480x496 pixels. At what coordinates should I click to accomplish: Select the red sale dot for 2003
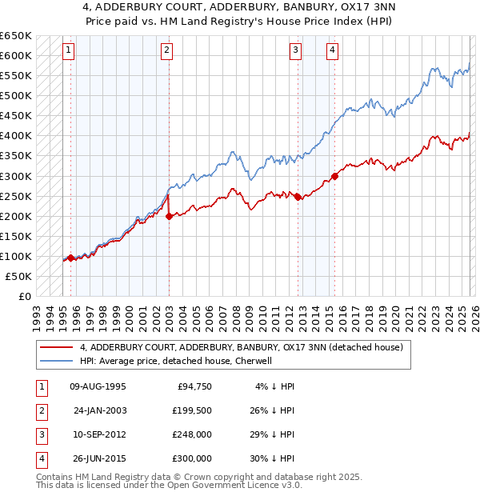(x=170, y=216)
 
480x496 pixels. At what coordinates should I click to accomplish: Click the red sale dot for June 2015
(x=334, y=176)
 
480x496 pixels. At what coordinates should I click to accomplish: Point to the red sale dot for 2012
(x=298, y=197)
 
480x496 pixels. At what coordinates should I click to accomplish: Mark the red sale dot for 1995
(x=70, y=258)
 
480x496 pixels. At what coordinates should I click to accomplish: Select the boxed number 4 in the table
(x=39, y=458)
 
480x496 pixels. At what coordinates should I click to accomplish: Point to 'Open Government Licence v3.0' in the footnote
(x=237, y=485)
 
